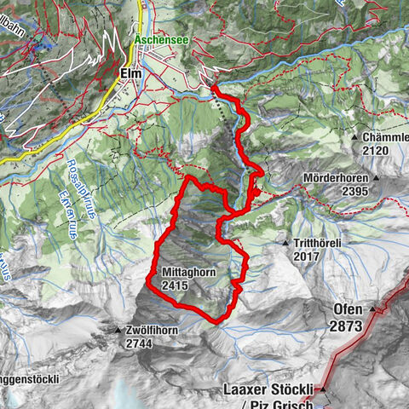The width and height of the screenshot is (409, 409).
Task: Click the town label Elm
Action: pos(130,74)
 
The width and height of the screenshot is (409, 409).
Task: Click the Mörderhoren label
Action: pos(338,179)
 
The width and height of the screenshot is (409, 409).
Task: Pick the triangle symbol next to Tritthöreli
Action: pos(285,244)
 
